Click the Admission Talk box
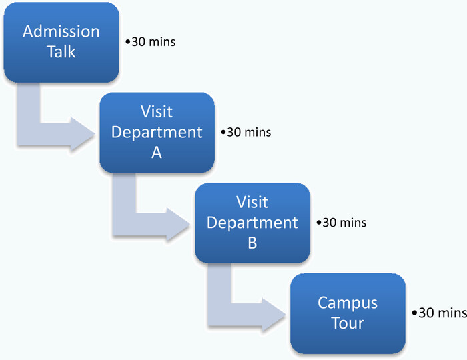61,42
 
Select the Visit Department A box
157,133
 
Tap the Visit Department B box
252,223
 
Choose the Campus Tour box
348,313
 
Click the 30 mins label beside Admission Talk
150,41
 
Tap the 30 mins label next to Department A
246,132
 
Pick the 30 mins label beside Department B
342,223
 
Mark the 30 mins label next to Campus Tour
439,313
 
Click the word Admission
61,31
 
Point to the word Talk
61,51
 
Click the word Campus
348,304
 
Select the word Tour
348,323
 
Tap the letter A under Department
157,153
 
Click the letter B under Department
252,243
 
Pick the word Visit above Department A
157,112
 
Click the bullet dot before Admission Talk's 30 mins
128,42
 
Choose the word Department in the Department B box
252,223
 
